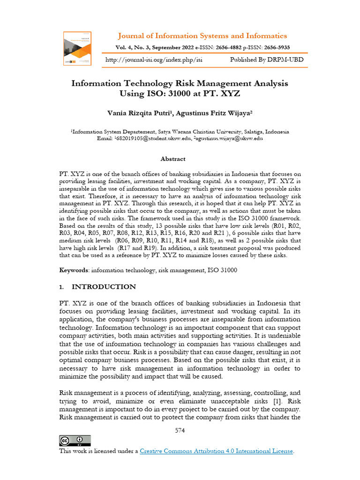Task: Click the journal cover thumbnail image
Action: tap(77, 48)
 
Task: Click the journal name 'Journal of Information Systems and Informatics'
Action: tap(202, 36)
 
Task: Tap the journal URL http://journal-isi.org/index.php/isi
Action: tap(154, 60)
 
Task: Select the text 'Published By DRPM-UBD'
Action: tap(266, 60)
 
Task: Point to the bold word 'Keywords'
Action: tap(74, 270)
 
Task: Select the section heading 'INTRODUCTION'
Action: tap(104, 286)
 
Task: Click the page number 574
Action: tap(180, 430)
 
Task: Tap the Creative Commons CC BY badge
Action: tap(75, 441)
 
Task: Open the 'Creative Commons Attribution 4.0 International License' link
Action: tap(217, 451)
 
